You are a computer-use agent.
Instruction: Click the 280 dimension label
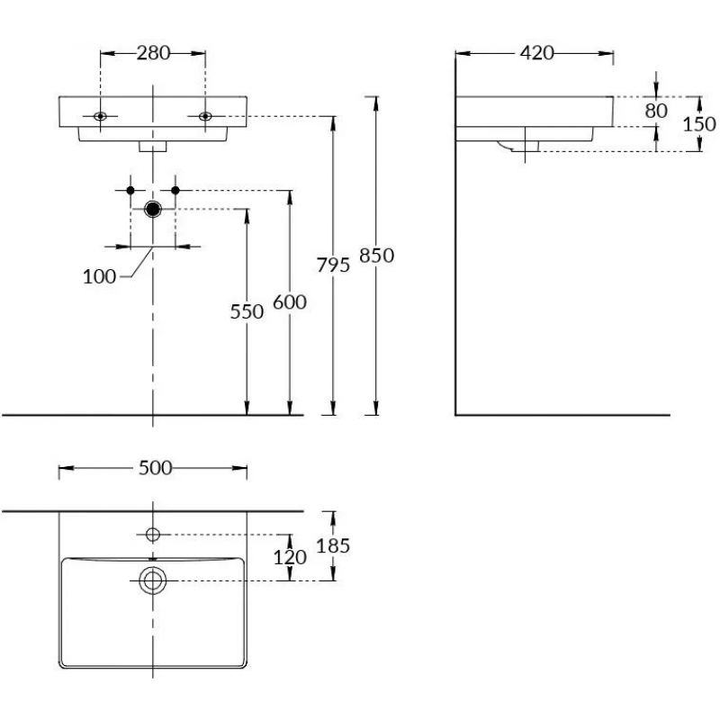point(153,53)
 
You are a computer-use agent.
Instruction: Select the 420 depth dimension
point(536,53)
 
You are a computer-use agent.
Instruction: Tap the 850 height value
point(376,256)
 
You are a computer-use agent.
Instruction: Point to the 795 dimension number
point(334,265)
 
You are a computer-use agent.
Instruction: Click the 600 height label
point(290,302)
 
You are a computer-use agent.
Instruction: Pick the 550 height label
point(247,311)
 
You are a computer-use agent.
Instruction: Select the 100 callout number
point(99,276)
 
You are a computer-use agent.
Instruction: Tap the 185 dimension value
point(333,545)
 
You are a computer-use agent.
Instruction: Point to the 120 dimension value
point(290,557)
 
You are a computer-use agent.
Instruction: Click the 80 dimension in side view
point(656,111)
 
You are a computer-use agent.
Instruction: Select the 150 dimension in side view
point(699,123)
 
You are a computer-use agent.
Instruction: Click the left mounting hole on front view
point(100,116)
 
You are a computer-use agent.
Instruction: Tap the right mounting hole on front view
point(206,116)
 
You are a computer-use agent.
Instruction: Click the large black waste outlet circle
point(153,210)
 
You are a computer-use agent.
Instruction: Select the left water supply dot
point(131,190)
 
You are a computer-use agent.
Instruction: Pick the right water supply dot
point(175,190)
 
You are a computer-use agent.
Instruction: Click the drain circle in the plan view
point(153,580)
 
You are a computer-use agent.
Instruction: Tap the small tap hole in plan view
point(153,535)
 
